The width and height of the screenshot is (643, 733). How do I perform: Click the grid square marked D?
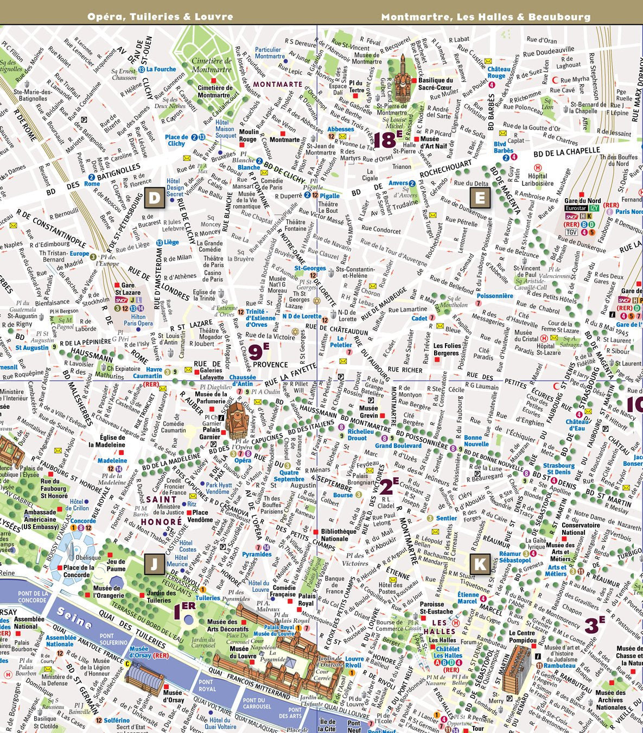[x=155, y=198]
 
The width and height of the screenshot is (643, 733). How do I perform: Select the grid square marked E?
[x=480, y=198]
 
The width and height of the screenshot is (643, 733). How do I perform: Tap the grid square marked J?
[x=155, y=564]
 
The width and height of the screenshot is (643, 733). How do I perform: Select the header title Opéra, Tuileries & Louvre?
[x=160, y=17]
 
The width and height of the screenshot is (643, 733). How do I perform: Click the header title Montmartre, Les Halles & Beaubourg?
[x=486, y=17]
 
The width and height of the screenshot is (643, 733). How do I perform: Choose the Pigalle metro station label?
[x=329, y=196]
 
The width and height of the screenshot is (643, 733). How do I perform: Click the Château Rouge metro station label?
[x=499, y=72]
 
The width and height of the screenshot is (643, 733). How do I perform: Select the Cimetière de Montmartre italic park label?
[x=212, y=65]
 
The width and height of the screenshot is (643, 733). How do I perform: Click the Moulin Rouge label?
[x=248, y=136]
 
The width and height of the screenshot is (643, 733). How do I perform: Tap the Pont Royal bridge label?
[x=206, y=685]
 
